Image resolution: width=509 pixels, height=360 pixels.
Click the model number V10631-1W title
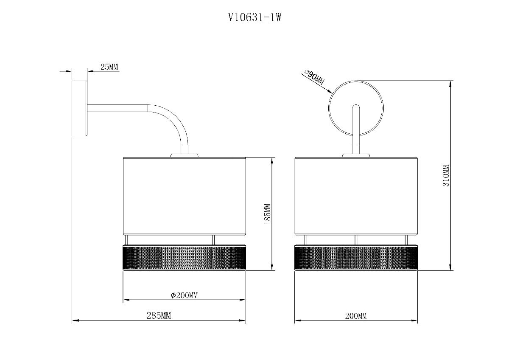[255, 17]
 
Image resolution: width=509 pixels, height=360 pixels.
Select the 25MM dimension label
[109, 67]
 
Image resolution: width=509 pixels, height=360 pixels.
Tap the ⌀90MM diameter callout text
[315, 77]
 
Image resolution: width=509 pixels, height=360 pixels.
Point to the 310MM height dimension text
[446, 176]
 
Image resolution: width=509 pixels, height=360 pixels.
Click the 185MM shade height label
[268, 214]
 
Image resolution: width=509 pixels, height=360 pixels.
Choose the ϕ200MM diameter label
[184, 295]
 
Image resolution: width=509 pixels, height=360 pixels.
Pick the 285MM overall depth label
[159, 316]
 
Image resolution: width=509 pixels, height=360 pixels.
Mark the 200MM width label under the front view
[356, 316]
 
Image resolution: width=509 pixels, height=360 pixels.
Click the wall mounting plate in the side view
[79, 108]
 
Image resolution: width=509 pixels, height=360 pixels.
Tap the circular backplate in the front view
[329, 108]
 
